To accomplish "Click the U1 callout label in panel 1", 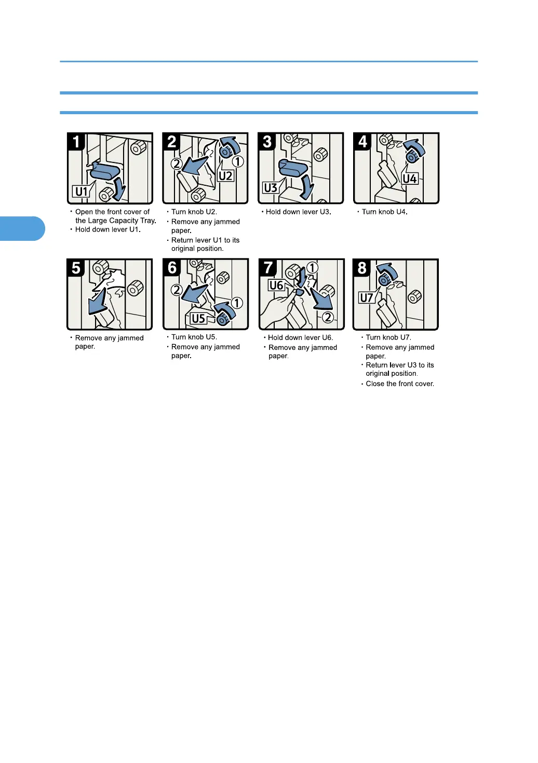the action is click(81, 192).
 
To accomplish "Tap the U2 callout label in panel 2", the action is click(225, 176).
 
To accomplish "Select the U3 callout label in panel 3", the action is click(271, 188).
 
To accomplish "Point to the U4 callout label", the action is click(410, 179).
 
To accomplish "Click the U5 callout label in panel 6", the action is click(198, 319).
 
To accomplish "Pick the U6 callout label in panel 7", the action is click(276, 285).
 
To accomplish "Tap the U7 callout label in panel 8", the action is click(367, 298).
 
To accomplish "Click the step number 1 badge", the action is click(76, 141).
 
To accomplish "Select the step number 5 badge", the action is click(76, 267).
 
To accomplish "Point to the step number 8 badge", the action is click(362, 268).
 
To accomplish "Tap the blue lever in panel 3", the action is click(293, 168).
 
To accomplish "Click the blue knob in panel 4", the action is click(413, 157).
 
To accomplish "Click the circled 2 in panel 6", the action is click(177, 290).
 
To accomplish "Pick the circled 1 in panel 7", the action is click(312, 268).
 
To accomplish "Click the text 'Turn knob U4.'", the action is click(384, 212).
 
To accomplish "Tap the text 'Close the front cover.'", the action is click(400, 384).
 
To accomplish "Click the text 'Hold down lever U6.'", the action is click(301, 337).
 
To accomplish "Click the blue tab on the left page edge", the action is click(22, 228).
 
